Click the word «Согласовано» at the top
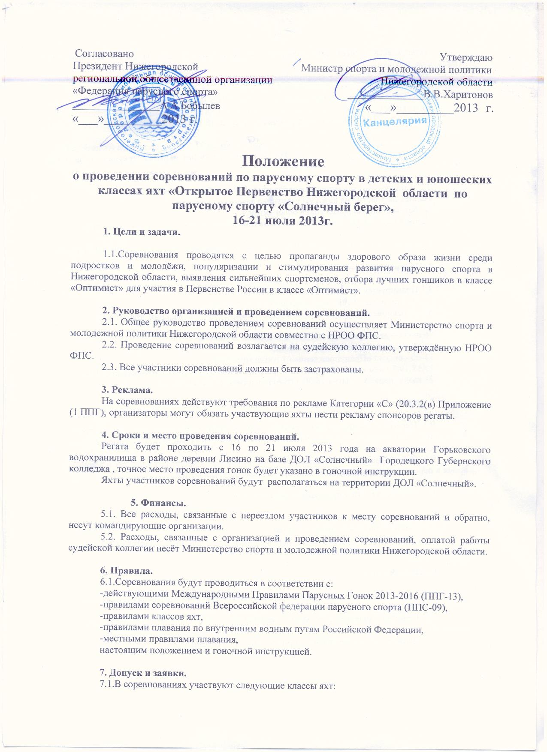pyautogui.click(x=105, y=54)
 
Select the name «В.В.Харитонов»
pyautogui.click(x=458, y=94)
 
